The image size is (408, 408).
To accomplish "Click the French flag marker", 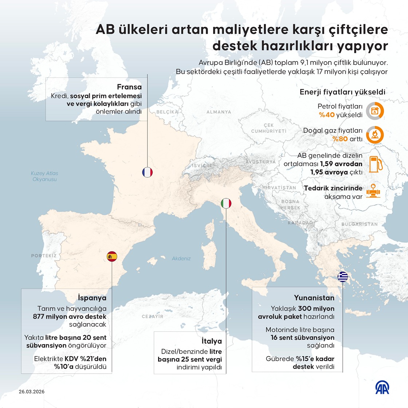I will (148, 172).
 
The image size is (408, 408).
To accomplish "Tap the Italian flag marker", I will (226, 203).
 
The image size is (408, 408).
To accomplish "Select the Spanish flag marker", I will (112, 256).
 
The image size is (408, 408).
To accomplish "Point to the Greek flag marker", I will (343, 277).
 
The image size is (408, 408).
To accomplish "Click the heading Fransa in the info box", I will (129, 87).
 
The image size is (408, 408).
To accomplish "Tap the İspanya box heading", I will (92, 298).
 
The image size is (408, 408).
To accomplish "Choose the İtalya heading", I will (212, 341).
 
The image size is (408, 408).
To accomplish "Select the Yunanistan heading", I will (314, 298).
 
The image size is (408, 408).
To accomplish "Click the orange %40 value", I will (327, 115).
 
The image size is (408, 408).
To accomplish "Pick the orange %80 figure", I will (340, 139).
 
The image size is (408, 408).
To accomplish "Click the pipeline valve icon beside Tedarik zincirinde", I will (375, 192).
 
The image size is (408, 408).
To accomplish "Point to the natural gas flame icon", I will (375, 135).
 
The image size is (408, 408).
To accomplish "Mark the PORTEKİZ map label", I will (44, 256).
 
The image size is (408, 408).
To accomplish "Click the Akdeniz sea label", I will (181, 259).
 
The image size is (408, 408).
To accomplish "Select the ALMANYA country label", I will (219, 112).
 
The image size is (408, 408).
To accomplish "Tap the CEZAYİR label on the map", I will (153, 317).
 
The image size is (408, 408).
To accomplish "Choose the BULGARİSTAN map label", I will (360, 224).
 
